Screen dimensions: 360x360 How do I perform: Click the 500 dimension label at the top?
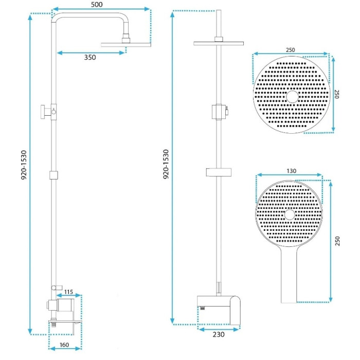click(97, 5)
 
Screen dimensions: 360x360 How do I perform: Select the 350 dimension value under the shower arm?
click(90, 58)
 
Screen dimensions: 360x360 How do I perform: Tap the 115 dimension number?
click(68, 292)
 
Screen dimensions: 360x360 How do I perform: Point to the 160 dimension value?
click(64, 345)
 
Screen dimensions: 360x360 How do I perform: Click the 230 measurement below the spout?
click(219, 334)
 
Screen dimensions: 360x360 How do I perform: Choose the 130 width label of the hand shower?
click(292, 171)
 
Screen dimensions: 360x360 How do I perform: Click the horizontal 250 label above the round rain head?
click(291, 50)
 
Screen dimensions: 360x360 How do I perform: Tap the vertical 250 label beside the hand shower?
click(337, 241)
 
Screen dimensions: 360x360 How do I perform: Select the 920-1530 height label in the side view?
click(24, 165)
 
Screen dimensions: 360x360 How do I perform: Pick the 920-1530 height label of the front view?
click(166, 164)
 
